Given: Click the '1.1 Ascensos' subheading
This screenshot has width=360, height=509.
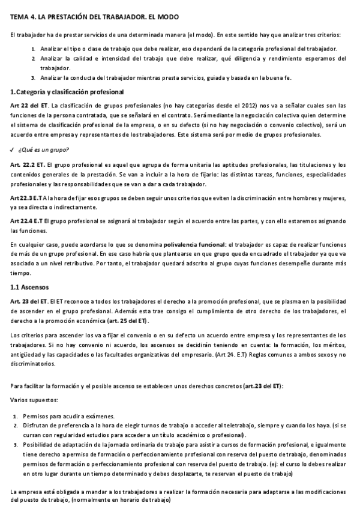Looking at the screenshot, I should (31, 287).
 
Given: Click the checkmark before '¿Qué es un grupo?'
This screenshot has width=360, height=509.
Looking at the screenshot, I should (13, 149).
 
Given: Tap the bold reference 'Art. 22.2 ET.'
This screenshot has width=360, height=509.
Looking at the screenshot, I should (27, 165).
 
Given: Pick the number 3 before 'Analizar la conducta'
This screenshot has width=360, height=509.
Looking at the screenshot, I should (33, 78).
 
